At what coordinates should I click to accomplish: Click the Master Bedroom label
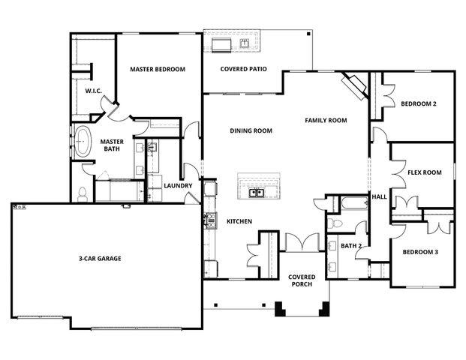158,70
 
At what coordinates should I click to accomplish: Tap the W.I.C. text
93,91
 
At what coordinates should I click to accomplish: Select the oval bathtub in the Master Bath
83,141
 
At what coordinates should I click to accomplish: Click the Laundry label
178,186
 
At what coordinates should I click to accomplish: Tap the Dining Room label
251,130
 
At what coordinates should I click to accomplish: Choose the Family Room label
325,120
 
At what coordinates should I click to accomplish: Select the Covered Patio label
244,70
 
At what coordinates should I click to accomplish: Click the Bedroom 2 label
418,103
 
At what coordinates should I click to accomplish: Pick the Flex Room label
424,172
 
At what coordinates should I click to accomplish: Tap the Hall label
379,197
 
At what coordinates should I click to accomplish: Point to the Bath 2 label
351,245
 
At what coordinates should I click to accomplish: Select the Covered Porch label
302,280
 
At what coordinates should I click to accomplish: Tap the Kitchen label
239,221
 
